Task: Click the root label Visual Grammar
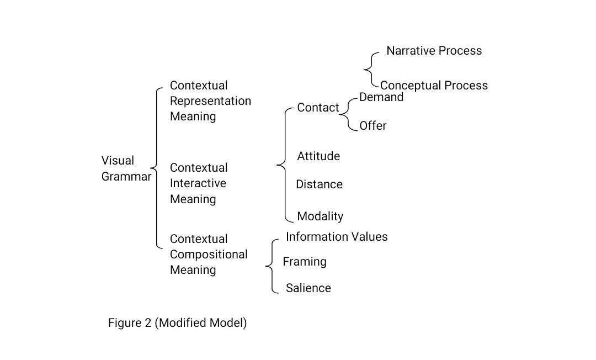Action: (126, 169)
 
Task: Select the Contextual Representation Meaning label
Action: (210, 101)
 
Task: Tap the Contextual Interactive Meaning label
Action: (198, 183)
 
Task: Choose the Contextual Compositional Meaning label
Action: (209, 255)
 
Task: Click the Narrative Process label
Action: (434, 51)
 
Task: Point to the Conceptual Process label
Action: (434, 86)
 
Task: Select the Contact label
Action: (318, 108)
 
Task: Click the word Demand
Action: (381, 97)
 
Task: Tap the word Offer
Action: (372, 126)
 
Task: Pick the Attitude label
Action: (318, 156)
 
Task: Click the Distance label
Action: (319, 184)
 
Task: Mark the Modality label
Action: (320, 216)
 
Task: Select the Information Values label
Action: (337, 237)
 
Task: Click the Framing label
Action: (305, 262)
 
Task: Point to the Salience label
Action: (308, 288)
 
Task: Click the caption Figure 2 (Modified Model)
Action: (177, 323)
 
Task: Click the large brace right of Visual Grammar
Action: (156, 168)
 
